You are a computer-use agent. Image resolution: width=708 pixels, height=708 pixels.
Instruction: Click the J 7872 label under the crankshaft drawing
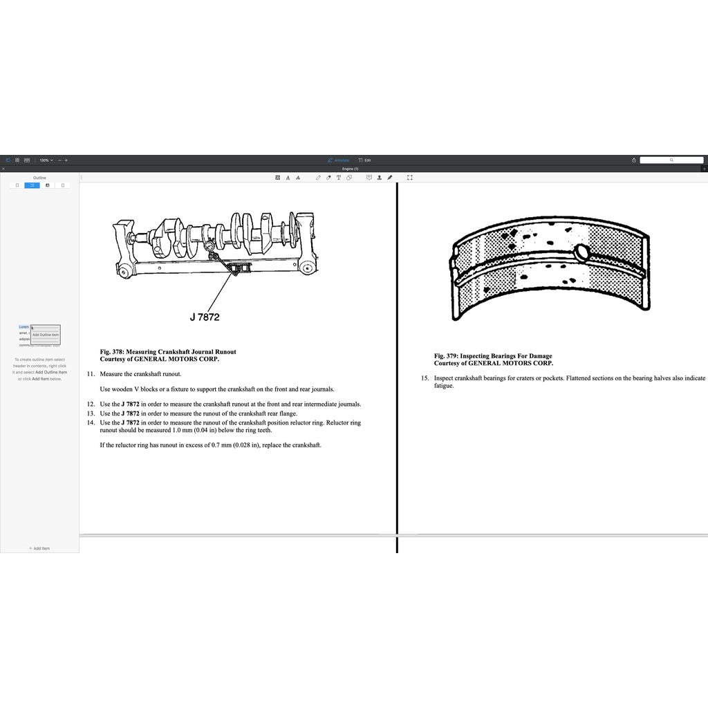[205, 317]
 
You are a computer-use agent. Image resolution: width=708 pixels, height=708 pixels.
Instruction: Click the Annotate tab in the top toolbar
[339, 160]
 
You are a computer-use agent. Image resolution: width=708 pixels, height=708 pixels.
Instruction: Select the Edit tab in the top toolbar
[365, 160]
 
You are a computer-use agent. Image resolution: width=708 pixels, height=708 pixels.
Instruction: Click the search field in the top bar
[671, 160]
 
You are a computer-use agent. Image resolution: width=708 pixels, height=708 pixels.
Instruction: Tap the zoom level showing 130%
[46, 160]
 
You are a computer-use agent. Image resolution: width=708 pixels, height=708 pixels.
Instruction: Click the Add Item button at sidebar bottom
[39, 548]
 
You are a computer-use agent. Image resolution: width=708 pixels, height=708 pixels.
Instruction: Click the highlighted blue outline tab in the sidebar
[32, 185]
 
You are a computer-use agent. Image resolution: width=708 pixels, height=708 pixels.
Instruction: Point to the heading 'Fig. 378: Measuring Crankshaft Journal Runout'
[168, 352]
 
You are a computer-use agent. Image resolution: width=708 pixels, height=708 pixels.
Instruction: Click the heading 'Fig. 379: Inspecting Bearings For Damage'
[493, 356]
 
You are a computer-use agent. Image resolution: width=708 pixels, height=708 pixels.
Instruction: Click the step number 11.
[91, 374]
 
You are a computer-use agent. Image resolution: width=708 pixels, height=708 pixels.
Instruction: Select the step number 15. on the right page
[425, 378]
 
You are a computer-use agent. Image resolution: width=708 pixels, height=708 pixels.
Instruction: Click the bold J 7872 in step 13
[130, 413]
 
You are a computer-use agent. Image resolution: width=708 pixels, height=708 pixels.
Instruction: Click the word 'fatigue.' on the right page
[444, 386]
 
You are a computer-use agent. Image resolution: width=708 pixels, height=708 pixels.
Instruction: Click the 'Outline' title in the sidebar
[39, 178]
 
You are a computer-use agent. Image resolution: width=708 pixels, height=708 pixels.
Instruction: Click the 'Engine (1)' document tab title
[351, 169]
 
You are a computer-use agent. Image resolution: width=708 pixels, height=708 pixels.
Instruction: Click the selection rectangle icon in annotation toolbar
[410, 178]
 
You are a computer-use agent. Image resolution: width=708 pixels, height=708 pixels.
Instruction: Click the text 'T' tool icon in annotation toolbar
[338, 178]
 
